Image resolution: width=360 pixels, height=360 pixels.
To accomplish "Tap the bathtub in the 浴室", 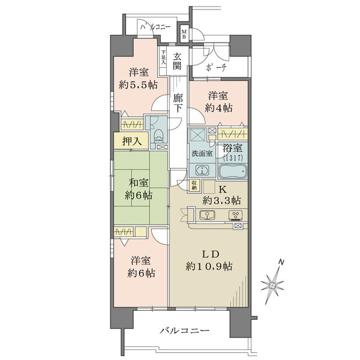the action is tap(233, 171).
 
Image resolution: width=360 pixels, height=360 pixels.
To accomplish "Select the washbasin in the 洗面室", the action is tap(202, 170).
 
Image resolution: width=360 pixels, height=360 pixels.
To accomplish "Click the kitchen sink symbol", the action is tap(207, 215).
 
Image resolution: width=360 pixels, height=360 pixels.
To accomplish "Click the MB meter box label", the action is tap(184, 34).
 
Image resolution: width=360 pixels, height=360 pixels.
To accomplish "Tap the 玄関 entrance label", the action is tap(177, 61).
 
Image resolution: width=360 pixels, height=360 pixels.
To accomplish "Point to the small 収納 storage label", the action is tap(194, 185).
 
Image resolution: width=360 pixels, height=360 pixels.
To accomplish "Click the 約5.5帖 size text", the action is tap(138, 85).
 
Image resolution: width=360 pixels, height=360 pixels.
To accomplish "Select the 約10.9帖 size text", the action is tap(209, 266).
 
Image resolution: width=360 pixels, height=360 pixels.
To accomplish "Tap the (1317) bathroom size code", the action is tap(233, 158).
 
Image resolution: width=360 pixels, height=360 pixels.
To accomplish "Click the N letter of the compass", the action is tap(281, 262).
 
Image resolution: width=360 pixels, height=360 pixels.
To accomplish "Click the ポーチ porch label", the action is tap(216, 67).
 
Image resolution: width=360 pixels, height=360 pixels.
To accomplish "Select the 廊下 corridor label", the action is tap(178, 104).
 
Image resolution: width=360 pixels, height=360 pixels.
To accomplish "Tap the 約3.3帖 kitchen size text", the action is tap(221, 200).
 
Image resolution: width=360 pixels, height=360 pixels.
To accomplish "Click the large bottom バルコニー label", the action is tap(185, 331).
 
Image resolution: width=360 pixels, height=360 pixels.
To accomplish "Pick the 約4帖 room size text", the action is tap(218, 107).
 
